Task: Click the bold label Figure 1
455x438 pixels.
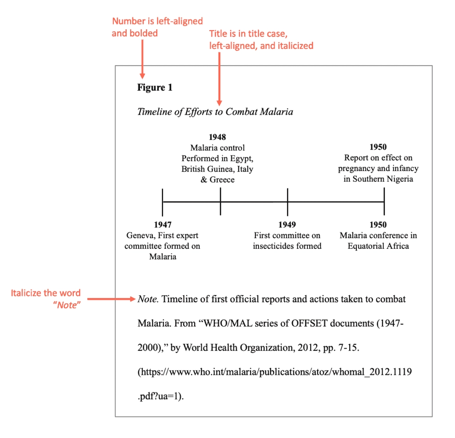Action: [x=155, y=88]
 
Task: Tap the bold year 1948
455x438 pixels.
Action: [x=217, y=137]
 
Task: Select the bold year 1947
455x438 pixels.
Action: [x=163, y=225]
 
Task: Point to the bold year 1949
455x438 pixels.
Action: [x=287, y=225]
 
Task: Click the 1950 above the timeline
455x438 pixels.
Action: [x=378, y=147]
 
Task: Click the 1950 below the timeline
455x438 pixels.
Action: [x=378, y=225]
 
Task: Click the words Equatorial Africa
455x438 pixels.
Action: [x=378, y=246]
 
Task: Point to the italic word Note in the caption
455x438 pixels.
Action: [x=148, y=299]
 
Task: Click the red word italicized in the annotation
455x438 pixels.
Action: [x=294, y=45]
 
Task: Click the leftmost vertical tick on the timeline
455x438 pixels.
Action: [x=163, y=202]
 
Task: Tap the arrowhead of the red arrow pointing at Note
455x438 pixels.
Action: [x=133, y=299]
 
